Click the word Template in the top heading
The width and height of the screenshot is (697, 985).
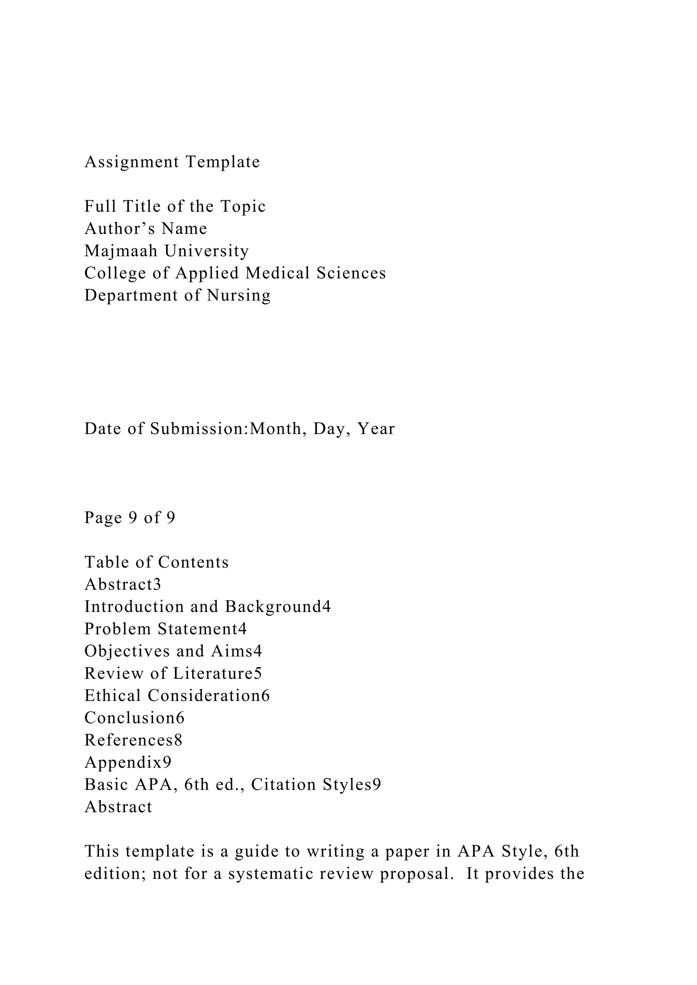point(223,162)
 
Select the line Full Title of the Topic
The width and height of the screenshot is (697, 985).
point(175,206)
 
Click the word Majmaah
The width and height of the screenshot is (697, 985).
point(121,251)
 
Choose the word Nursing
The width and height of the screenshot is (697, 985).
point(239,296)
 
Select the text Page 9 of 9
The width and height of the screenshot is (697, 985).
point(130,518)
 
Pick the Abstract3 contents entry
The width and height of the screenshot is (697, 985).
point(123,585)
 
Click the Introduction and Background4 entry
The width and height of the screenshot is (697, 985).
point(208,607)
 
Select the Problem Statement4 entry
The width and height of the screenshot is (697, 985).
point(166,629)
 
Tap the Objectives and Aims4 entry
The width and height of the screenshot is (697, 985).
point(173,651)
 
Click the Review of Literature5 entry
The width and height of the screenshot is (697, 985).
point(173,673)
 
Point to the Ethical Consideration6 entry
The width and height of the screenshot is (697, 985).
point(177,696)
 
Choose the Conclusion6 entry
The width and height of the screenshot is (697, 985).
point(134,718)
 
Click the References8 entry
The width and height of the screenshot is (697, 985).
point(133,740)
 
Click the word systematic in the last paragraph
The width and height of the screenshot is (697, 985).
point(261,874)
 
